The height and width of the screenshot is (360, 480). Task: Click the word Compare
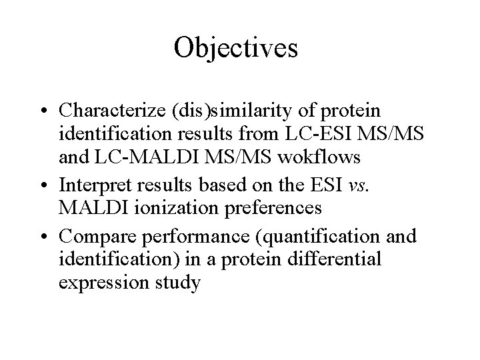[x=95, y=235]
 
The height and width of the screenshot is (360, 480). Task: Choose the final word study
[x=176, y=283]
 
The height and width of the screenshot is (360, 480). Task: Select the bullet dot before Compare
[x=43, y=236]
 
